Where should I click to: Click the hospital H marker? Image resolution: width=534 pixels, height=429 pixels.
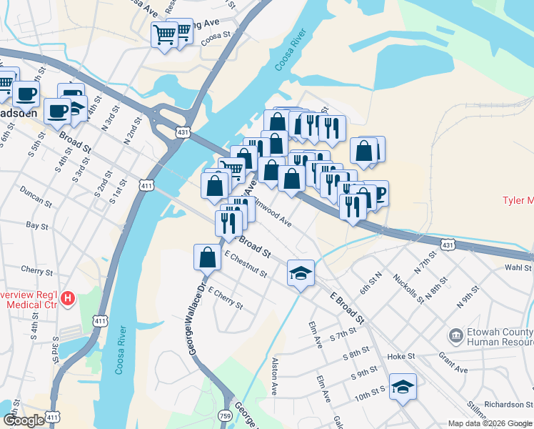[x=68, y=297]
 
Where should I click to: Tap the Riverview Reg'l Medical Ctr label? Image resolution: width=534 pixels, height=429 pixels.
[x=30, y=300]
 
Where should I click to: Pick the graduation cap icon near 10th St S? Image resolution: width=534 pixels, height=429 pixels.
[x=403, y=387]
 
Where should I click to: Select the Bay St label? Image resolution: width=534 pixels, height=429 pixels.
[x=36, y=226]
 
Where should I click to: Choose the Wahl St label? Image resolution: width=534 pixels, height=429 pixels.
[x=518, y=267]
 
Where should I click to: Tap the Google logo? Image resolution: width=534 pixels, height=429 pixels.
[x=24, y=420]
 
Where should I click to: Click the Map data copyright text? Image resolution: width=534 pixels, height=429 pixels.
[x=490, y=423]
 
